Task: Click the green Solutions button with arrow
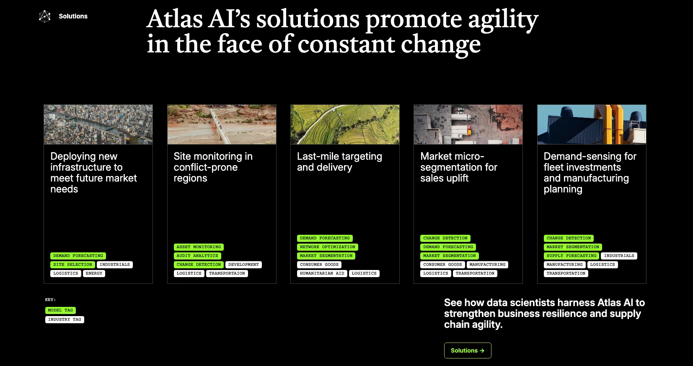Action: pyautogui.click(x=467, y=350)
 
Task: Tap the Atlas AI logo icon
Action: pyautogui.click(x=44, y=16)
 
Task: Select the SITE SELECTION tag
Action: pyautogui.click(x=72, y=265)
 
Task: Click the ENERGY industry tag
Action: pyautogui.click(x=94, y=273)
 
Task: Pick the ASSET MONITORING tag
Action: pyautogui.click(x=199, y=247)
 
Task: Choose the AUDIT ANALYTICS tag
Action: pyautogui.click(x=197, y=256)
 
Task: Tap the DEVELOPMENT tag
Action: pyautogui.click(x=243, y=265)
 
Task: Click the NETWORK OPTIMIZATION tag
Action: pyautogui.click(x=327, y=247)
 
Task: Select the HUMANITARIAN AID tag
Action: pyautogui.click(x=322, y=273)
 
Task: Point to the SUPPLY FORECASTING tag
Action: pyautogui.click(x=571, y=256)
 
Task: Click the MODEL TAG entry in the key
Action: pyautogui.click(x=60, y=310)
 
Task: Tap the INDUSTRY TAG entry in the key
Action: pyautogui.click(x=65, y=319)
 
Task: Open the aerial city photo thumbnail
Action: pyautogui.click(x=98, y=125)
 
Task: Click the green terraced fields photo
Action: pyautogui.click(x=345, y=125)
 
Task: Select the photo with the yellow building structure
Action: pyautogui.click(x=592, y=125)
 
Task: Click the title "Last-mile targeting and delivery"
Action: pyautogui.click(x=339, y=162)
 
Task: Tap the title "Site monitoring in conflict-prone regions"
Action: pyautogui.click(x=213, y=167)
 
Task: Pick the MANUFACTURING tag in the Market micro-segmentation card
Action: pyautogui.click(x=487, y=265)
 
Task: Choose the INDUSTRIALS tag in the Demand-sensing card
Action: pyautogui.click(x=619, y=256)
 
